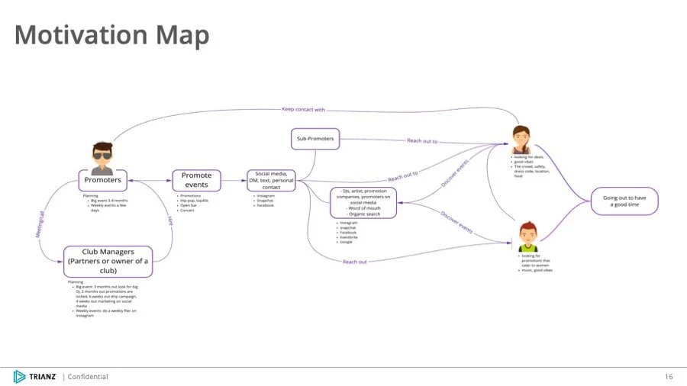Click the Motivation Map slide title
coord(111,35)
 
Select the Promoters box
coord(102,181)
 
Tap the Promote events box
coord(196,180)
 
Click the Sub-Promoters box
coord(316,139)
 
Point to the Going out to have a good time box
coord(624,201)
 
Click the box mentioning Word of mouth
coord(363,202)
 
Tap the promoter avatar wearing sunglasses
coord(102,155)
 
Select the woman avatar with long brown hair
coord(521,139)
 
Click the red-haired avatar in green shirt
coord(527,236)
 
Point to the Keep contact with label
coord(303,109)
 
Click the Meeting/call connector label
coord(41,226)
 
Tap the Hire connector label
coord(169,220)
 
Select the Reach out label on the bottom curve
coord(354,262)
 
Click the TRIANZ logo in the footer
coord(35,376)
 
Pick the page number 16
coord(669,376)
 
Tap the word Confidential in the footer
coord(88,376)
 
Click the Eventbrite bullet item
coord(349,236)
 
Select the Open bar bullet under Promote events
coord(189,205)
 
